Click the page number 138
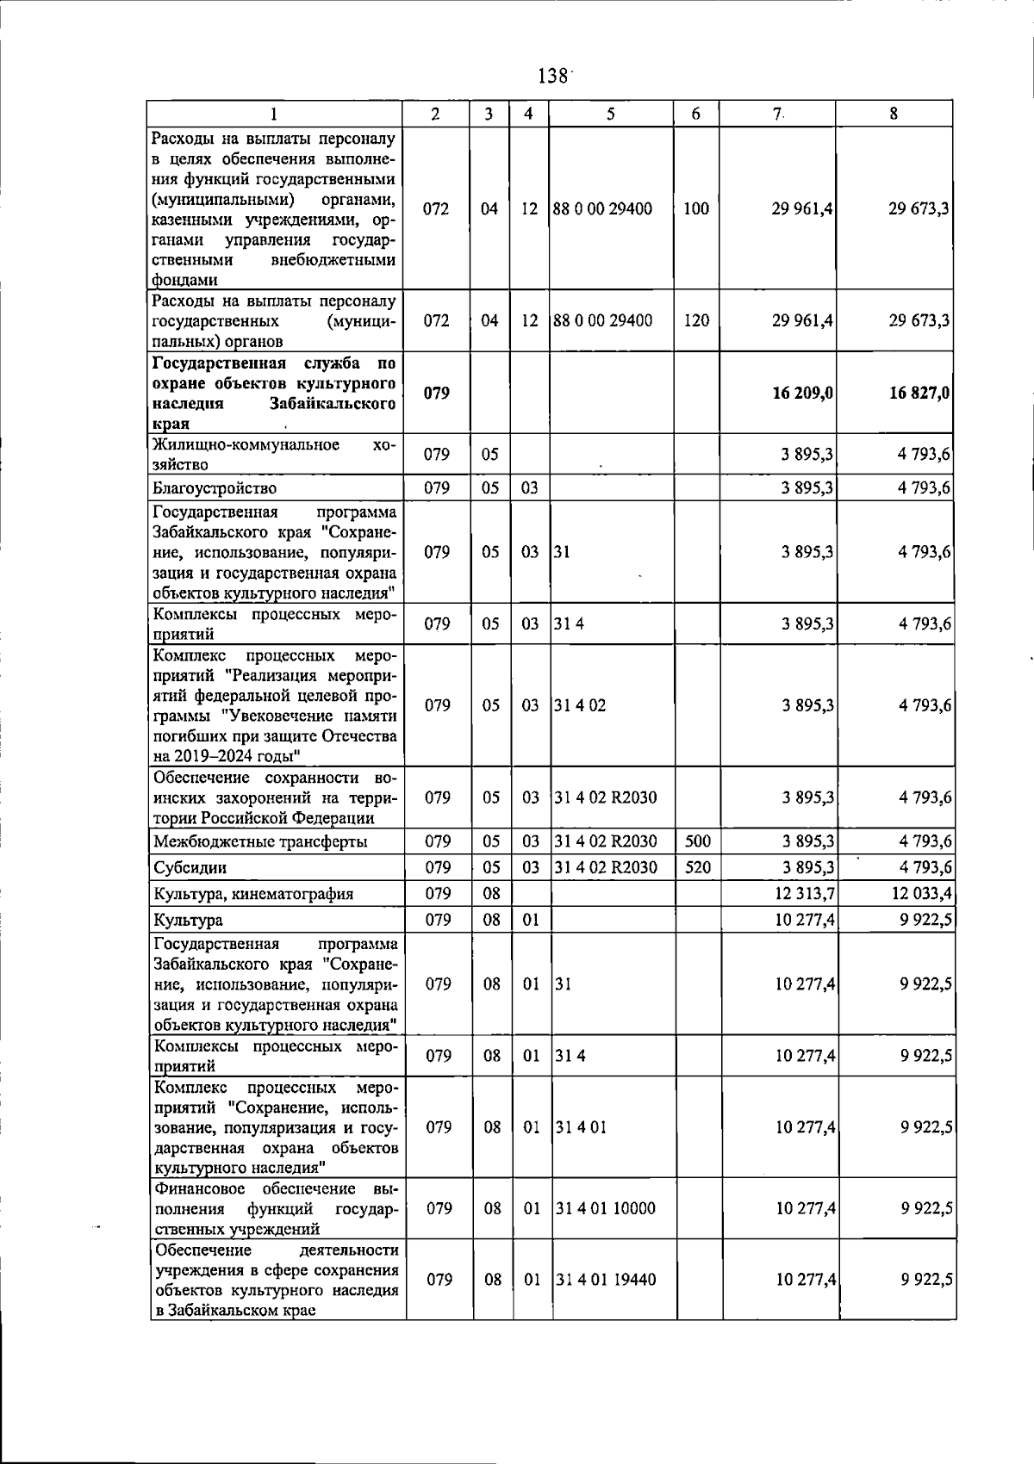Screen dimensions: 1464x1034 pyautogui.click(x=551, y=76)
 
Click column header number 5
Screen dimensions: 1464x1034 pyautogui.click(x=610, y=114)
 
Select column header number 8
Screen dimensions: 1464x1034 pyautogui.click(x=894, y=114)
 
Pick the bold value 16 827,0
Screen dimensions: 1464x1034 pyautogui.click(x=919, y=393)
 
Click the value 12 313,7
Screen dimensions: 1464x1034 pyautogui.click(x=805, y=893)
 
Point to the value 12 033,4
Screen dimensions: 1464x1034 pyautogui.click(x=921, y=893)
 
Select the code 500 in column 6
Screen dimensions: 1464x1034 pyautogui.click(x=696, y=841)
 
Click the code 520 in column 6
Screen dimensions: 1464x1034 pyautogui.click(x=696, y=866)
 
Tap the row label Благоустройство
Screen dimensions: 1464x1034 pyautogui.click(x=215, y=488)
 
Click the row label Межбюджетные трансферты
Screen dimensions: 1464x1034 pyautogui.click(x=260, y=841)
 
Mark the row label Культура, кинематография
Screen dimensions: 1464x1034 pyautogui.click(x=253, y=894)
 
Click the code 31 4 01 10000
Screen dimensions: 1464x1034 pyautogui.click(x=605, y=1208)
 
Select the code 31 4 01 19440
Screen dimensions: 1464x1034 pyautogui.click(x=605, y=1280)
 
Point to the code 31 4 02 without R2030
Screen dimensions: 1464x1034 pyautogui.click(x=580, y=705)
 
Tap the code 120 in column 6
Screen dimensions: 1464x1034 pyautogui.click(x=696, y=320)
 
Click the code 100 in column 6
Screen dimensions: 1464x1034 pyautogui.click(x=696, y=208)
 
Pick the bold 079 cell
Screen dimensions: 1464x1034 pyautogui.click(x=437, y=393)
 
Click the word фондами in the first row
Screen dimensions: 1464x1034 pyautogui.click(x=184, y=280)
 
